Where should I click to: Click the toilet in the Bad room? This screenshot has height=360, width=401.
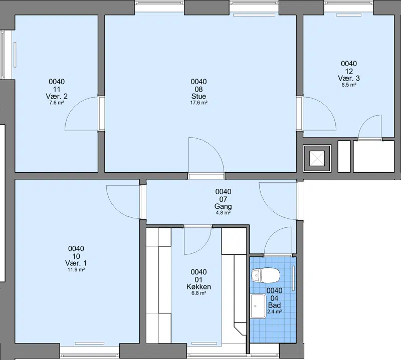(x=266, y=275)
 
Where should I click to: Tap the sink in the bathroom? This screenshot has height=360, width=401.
(x=258, y=306)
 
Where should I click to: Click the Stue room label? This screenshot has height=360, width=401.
(x=198, y=96)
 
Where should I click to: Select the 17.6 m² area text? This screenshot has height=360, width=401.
(x=198, y=103)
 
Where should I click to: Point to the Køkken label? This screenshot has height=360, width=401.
(x=198, y=287)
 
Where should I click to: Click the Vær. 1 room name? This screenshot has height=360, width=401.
(x=76, y=263)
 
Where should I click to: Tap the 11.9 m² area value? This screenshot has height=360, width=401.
(x=76, y=269)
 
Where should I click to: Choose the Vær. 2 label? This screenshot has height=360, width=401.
(x=57, y=96)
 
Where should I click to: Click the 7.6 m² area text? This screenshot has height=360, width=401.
(x=57, y=103)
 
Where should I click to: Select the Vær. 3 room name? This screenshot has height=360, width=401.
(x=349, y=78)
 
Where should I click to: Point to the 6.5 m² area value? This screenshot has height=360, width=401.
(x=349, y=85)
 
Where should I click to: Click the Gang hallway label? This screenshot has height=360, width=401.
(x=223, y=206)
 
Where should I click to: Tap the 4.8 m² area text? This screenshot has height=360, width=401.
(x=223, y=213)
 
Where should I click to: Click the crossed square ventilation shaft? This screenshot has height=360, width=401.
(x=317, y=158)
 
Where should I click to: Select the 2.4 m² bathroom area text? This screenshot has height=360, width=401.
(x=274, y=311)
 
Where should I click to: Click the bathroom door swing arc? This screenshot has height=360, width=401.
(x=273, y=233)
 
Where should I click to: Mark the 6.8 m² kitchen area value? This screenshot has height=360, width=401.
(x=198, y=293)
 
